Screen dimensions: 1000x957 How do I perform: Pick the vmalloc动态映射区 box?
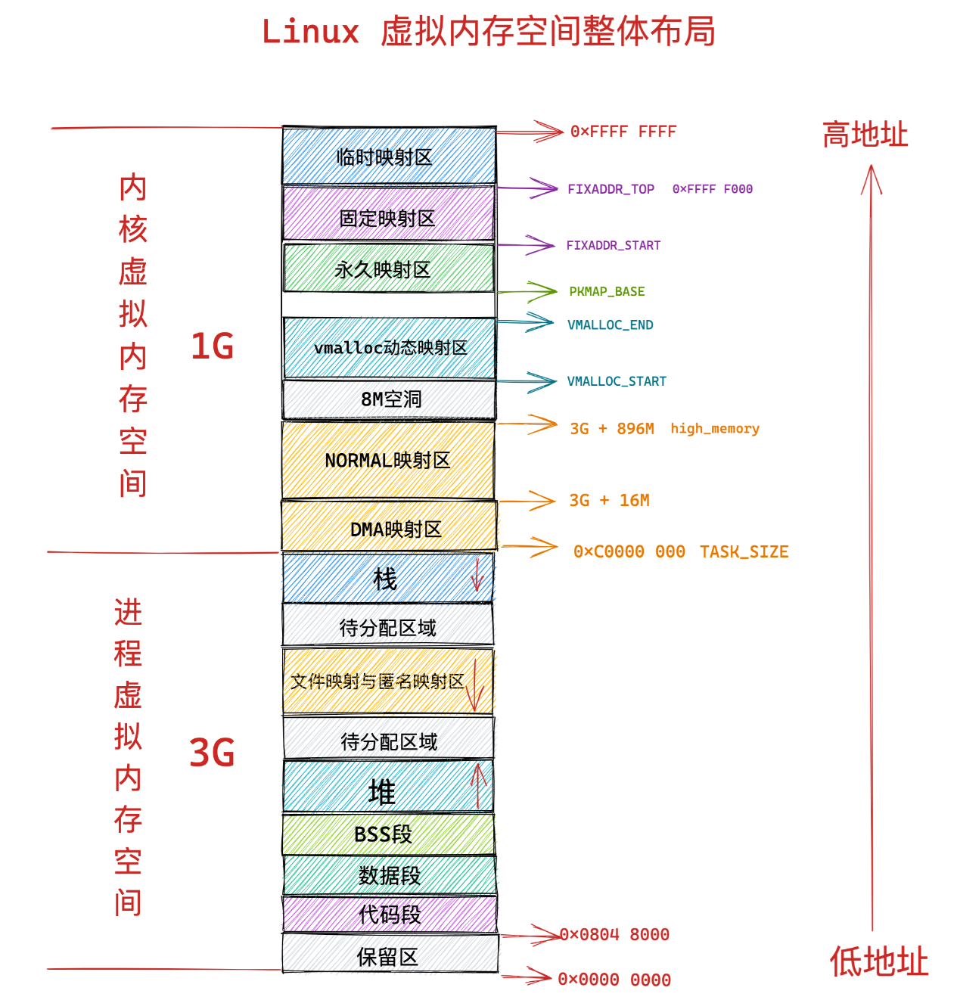tap(390, 348)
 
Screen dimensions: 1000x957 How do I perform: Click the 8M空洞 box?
tap(390, 399)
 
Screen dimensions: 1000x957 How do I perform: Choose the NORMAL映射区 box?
tap(388, 460)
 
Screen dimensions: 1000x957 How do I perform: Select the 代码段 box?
tap(390, 915)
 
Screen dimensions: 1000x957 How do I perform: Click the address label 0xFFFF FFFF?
tap(623, 132)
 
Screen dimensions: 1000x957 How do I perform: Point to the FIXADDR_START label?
tap(614, 246)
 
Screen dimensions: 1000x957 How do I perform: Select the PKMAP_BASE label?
tap(607, 292)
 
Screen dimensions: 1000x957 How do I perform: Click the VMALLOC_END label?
tap(610, 325)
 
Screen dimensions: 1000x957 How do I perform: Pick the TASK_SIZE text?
tap(744, 552)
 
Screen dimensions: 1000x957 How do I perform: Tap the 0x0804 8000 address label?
tap(614, 935)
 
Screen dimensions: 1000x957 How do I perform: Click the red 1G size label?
tap(212, 346)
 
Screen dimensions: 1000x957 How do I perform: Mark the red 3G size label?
tap(212, 753)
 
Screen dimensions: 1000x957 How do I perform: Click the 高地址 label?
tap(865, 135)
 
